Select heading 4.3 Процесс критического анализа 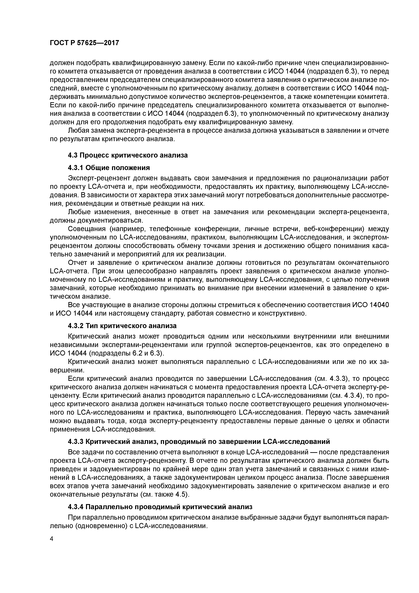tap(128, 155)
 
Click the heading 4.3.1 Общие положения tap(109, 168)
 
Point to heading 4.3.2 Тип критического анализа tap(122, 326)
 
